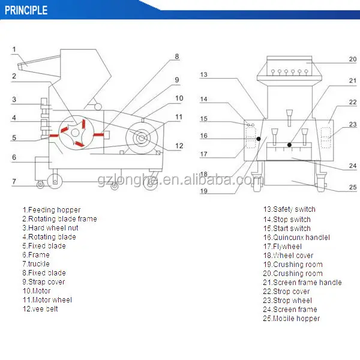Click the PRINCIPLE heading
point(26,10)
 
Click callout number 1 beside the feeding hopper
point(14,49)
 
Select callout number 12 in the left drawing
point(179,146)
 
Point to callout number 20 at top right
point(353,59)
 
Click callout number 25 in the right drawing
point(353,187)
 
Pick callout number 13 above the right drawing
point(204,75)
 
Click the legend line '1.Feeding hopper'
point(51,210)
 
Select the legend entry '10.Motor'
point(37,291)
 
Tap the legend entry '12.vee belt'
point(41,309)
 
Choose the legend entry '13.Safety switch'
point(289,209)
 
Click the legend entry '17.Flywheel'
point(282,246)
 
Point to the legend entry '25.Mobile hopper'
point(291,319)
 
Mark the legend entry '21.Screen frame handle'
point(302,283)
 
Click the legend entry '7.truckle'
point(36,264)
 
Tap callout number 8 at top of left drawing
point(177,56)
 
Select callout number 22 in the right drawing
point(353,103)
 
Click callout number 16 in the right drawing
point(204,136)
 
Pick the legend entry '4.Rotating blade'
point(50,237)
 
